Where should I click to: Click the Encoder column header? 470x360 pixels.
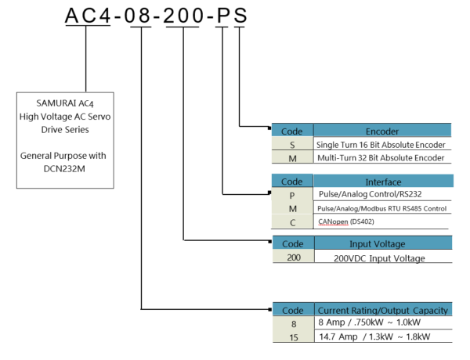(x=382, y=131)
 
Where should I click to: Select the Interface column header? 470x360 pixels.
(x=382, y=181)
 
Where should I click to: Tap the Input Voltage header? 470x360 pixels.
(x=382, y=244)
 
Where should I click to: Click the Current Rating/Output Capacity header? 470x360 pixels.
(x=382, y=309)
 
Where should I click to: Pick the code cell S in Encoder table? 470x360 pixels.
(x=292, y=145)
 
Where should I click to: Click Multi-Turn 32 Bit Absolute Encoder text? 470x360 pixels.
(x=381, y=158)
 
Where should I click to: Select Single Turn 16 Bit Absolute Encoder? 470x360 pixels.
(x=381, y=145)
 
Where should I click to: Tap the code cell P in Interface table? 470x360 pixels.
(x=292, y=194)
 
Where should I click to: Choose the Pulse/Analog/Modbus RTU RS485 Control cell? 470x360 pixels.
(x=382, y=209)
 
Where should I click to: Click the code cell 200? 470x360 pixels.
(x=292, y=257)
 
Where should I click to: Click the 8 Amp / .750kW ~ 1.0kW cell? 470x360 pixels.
(x=368, y=322)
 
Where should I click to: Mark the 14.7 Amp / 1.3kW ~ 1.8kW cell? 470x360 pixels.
(x=374, y=336)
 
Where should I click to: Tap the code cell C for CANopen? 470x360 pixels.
(x=292, y=222)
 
